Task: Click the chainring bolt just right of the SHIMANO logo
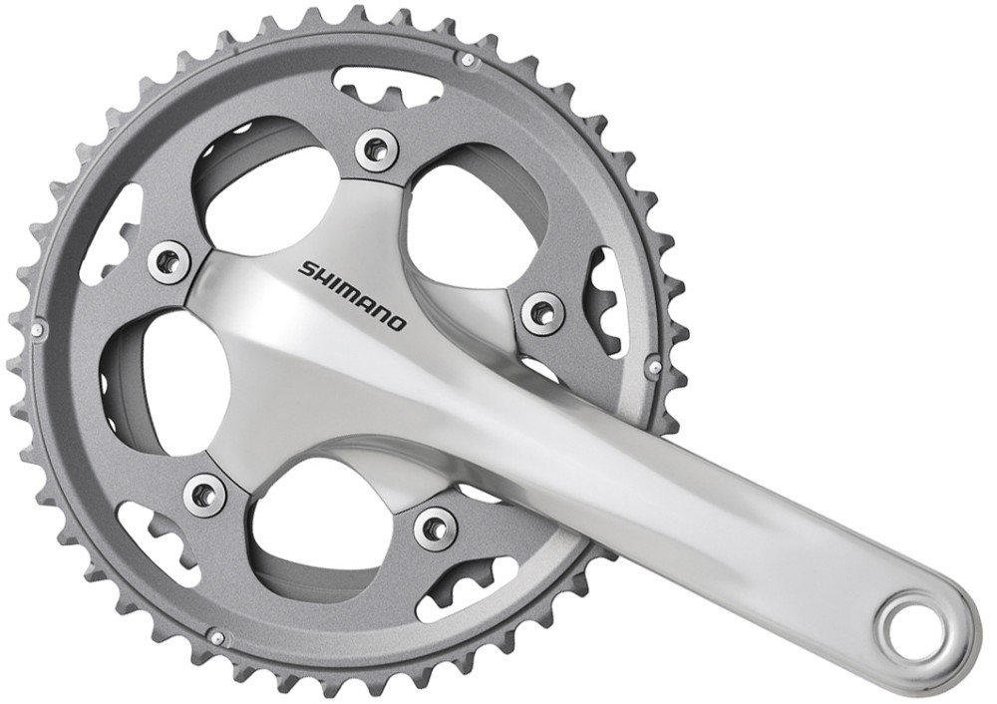(542, 313)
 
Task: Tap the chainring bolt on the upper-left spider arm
(169, 262)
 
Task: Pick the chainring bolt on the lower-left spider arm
(204, 494)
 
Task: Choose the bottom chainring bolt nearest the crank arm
(436, 528)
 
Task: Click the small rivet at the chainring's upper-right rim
(468, 60)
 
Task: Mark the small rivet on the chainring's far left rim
(37, 328)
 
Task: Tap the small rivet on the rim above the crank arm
(654, 366)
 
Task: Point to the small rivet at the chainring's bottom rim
(216, 635)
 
